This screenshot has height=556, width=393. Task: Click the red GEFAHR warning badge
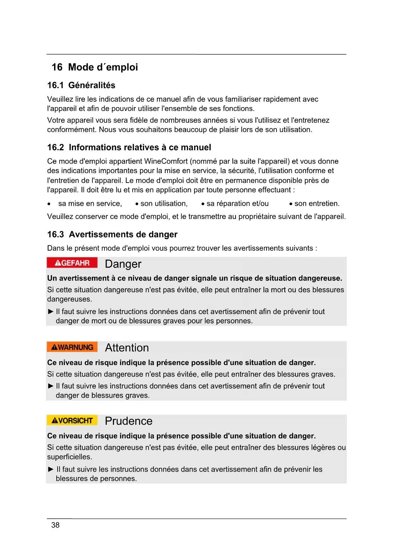click(x=72, y=263)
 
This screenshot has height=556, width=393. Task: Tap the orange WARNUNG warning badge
click(x=72, y=347)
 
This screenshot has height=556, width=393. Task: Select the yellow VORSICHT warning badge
click(x=72, y=420)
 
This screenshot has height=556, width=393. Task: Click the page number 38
click(x=55, y=525)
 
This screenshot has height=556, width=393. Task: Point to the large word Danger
click(x=123, y=264)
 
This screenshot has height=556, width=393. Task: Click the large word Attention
click(x=127, y=348)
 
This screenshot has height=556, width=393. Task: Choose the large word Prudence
click(x=129, y=421)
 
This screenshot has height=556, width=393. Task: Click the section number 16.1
click(x=55, y=85)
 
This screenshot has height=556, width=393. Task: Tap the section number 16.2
click(x=55, y=147)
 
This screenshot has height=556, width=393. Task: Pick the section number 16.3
click(x=55, y=235)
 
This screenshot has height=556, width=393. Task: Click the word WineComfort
click(x=166, y=161)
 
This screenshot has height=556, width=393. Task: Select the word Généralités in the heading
click(x=92, y=85)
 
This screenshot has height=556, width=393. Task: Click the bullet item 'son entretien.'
click(x=317, y=204)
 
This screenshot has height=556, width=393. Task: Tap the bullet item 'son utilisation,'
click(x=164, y=204)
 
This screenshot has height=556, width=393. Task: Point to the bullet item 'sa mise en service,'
click(x=90, y=204)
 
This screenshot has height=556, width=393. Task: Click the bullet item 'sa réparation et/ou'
click(x=238, y=204)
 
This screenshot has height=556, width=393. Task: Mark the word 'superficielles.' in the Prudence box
click(x=70, y=457)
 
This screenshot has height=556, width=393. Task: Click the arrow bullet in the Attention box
click(x=51, y=386)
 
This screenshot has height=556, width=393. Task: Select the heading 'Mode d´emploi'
click(x=103, y=67)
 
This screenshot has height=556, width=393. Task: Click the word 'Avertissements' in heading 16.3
click(x=101, y=235)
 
